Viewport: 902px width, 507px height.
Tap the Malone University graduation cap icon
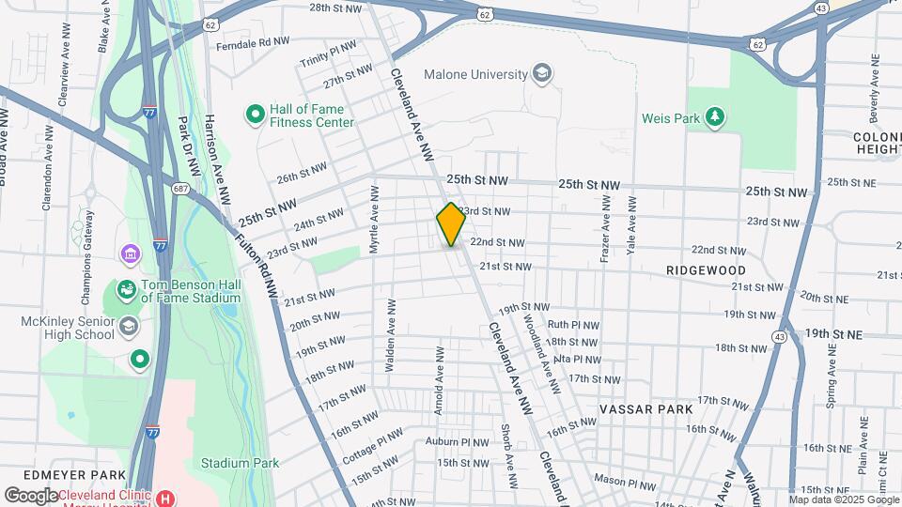(x=541, y=73)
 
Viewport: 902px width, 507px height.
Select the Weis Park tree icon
(x=716, y=116)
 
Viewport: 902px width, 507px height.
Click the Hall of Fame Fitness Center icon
(x=254, y=115)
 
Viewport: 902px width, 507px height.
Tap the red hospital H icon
(x=166, y=497)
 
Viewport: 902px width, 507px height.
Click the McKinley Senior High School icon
(x=128, y=327)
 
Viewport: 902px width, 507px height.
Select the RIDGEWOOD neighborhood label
(x=706, y=269)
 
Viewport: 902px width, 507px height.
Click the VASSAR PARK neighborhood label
(x=646, y=409)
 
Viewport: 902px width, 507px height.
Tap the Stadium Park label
(x=241, y=463)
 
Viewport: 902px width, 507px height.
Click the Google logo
(x=31, y=496)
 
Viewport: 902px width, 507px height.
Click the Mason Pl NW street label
(x=629, y=485)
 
